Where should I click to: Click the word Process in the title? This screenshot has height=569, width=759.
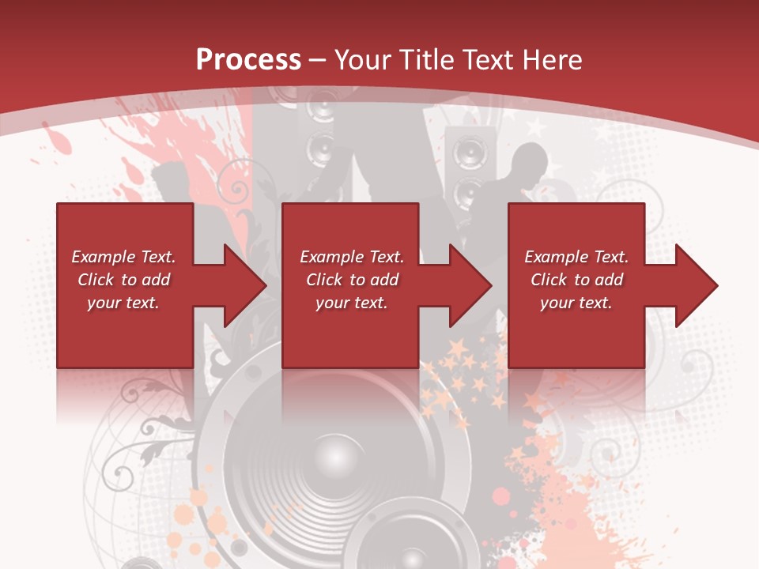click(x=248, y=59)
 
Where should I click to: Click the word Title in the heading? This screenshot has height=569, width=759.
click(x=425, y=59)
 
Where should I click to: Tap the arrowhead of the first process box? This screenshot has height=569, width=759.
click(x=245, y=285)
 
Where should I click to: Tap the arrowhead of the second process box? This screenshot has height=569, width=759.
click(x=470, y=285)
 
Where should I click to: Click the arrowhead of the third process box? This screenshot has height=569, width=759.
click(x=697, y=285)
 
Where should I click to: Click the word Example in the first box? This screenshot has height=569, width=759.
click(x=103, y=257)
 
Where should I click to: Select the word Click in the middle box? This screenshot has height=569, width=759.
click(x=323, y=280)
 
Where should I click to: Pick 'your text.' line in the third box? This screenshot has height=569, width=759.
click(x=576, y=303)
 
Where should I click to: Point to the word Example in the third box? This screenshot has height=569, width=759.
click(x=556, y=257)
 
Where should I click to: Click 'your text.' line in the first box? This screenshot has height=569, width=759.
click(x=123, y=303)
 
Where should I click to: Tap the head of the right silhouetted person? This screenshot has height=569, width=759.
click(x=528, y=162)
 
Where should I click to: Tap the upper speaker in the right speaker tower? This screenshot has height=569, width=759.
click(x=470, y=149)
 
